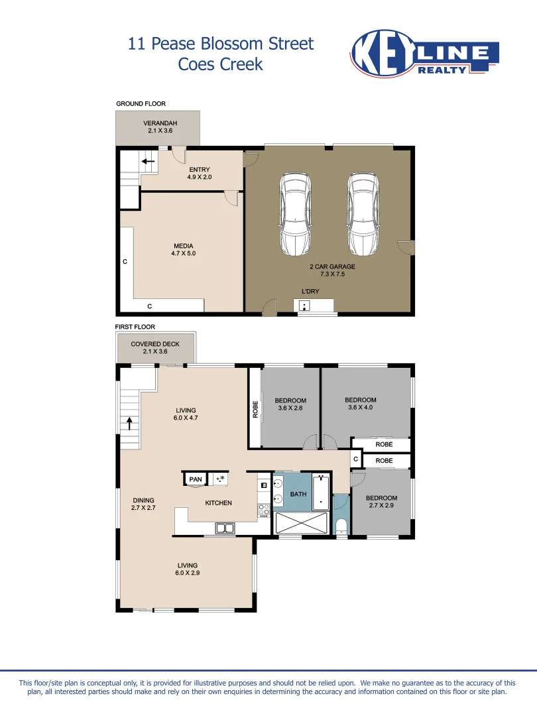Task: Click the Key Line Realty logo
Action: coord(424,54)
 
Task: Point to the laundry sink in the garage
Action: coord(304,306)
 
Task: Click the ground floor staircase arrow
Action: coord(148,160)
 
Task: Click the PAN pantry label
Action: coord(195,479)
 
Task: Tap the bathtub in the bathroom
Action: coord(321,493)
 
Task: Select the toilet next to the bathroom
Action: coord(341,526)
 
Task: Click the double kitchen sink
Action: coord(225,528)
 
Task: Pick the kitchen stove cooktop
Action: coord(263,510)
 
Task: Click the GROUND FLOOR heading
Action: coord(141,104)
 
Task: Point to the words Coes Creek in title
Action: coord(221,64)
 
